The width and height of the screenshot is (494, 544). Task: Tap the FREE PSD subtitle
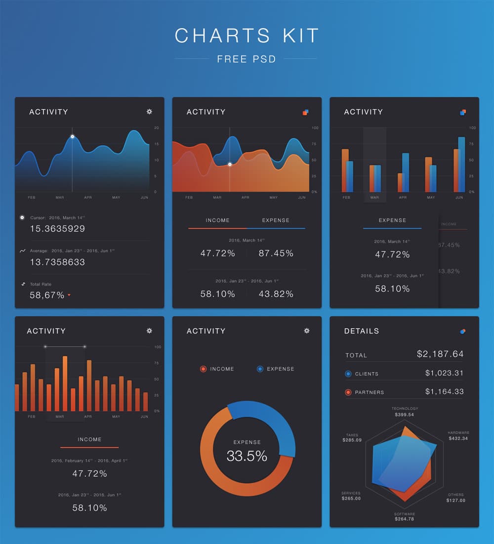pyautogui.click(x=246, y=59)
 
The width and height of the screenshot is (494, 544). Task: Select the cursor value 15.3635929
pyautogui.click(x=57, y=229)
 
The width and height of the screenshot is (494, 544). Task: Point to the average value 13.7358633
pyautogui.click(x=57, y=262)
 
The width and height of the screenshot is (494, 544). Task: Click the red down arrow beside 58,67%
pyautogui.click(x=69, y=295)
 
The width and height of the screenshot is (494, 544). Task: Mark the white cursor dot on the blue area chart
pyautogui.click(x=72, y=137)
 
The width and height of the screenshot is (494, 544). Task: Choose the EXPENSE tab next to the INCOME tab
pyautogui.click(x=276, y=220)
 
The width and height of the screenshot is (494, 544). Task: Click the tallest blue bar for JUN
pyautogui.click(x=461, y=164)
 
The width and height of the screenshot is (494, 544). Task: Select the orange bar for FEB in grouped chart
pyautogui.click(x=345, y=170)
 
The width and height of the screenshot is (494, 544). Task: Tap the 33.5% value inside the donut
pyautogui.click(x=247, y=456)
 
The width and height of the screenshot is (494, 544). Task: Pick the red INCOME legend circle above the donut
pyautogui.click(x=203, y=369)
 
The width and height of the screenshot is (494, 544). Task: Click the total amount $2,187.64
pyautogui.click(x=440, y=354)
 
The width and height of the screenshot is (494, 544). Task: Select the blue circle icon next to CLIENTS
pyautogui.click(x=348, y=374)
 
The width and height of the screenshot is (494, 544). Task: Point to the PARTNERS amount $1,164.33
pyautogui.click(x=444, y=392)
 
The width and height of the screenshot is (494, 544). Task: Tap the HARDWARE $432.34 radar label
pyautogui.click(x=458, y=436)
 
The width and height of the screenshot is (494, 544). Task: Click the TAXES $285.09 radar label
pyautogui.click(x=352, y=438)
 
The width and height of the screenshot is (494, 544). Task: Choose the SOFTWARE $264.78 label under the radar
pyautogui.click(x=404, y=517)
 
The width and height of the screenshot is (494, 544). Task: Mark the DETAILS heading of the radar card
pyautogui.click(x=362, y=331)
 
